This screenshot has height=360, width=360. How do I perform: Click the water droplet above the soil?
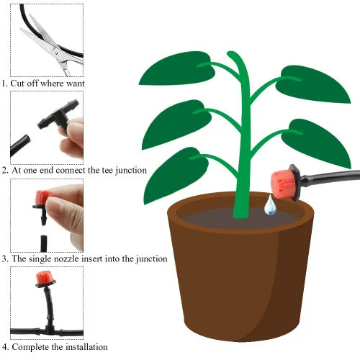click(270, 206)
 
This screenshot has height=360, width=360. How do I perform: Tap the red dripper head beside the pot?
click(283, 184)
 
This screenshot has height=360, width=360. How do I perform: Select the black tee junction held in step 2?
click(58, 115)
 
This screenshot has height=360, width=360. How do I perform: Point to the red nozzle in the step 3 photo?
click(43, 197)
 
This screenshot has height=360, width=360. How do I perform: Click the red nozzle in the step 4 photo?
click(45, 277)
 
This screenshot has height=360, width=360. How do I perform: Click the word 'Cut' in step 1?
click(17, 84)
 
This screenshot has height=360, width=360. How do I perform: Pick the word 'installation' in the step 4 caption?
click(86, 347)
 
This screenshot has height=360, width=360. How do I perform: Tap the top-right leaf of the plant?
click(312, 84)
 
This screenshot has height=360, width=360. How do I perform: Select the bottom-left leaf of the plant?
click(175, 174)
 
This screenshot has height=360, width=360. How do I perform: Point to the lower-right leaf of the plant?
click(316, 143)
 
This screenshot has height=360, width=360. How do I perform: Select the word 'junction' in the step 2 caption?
click(131, 171)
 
